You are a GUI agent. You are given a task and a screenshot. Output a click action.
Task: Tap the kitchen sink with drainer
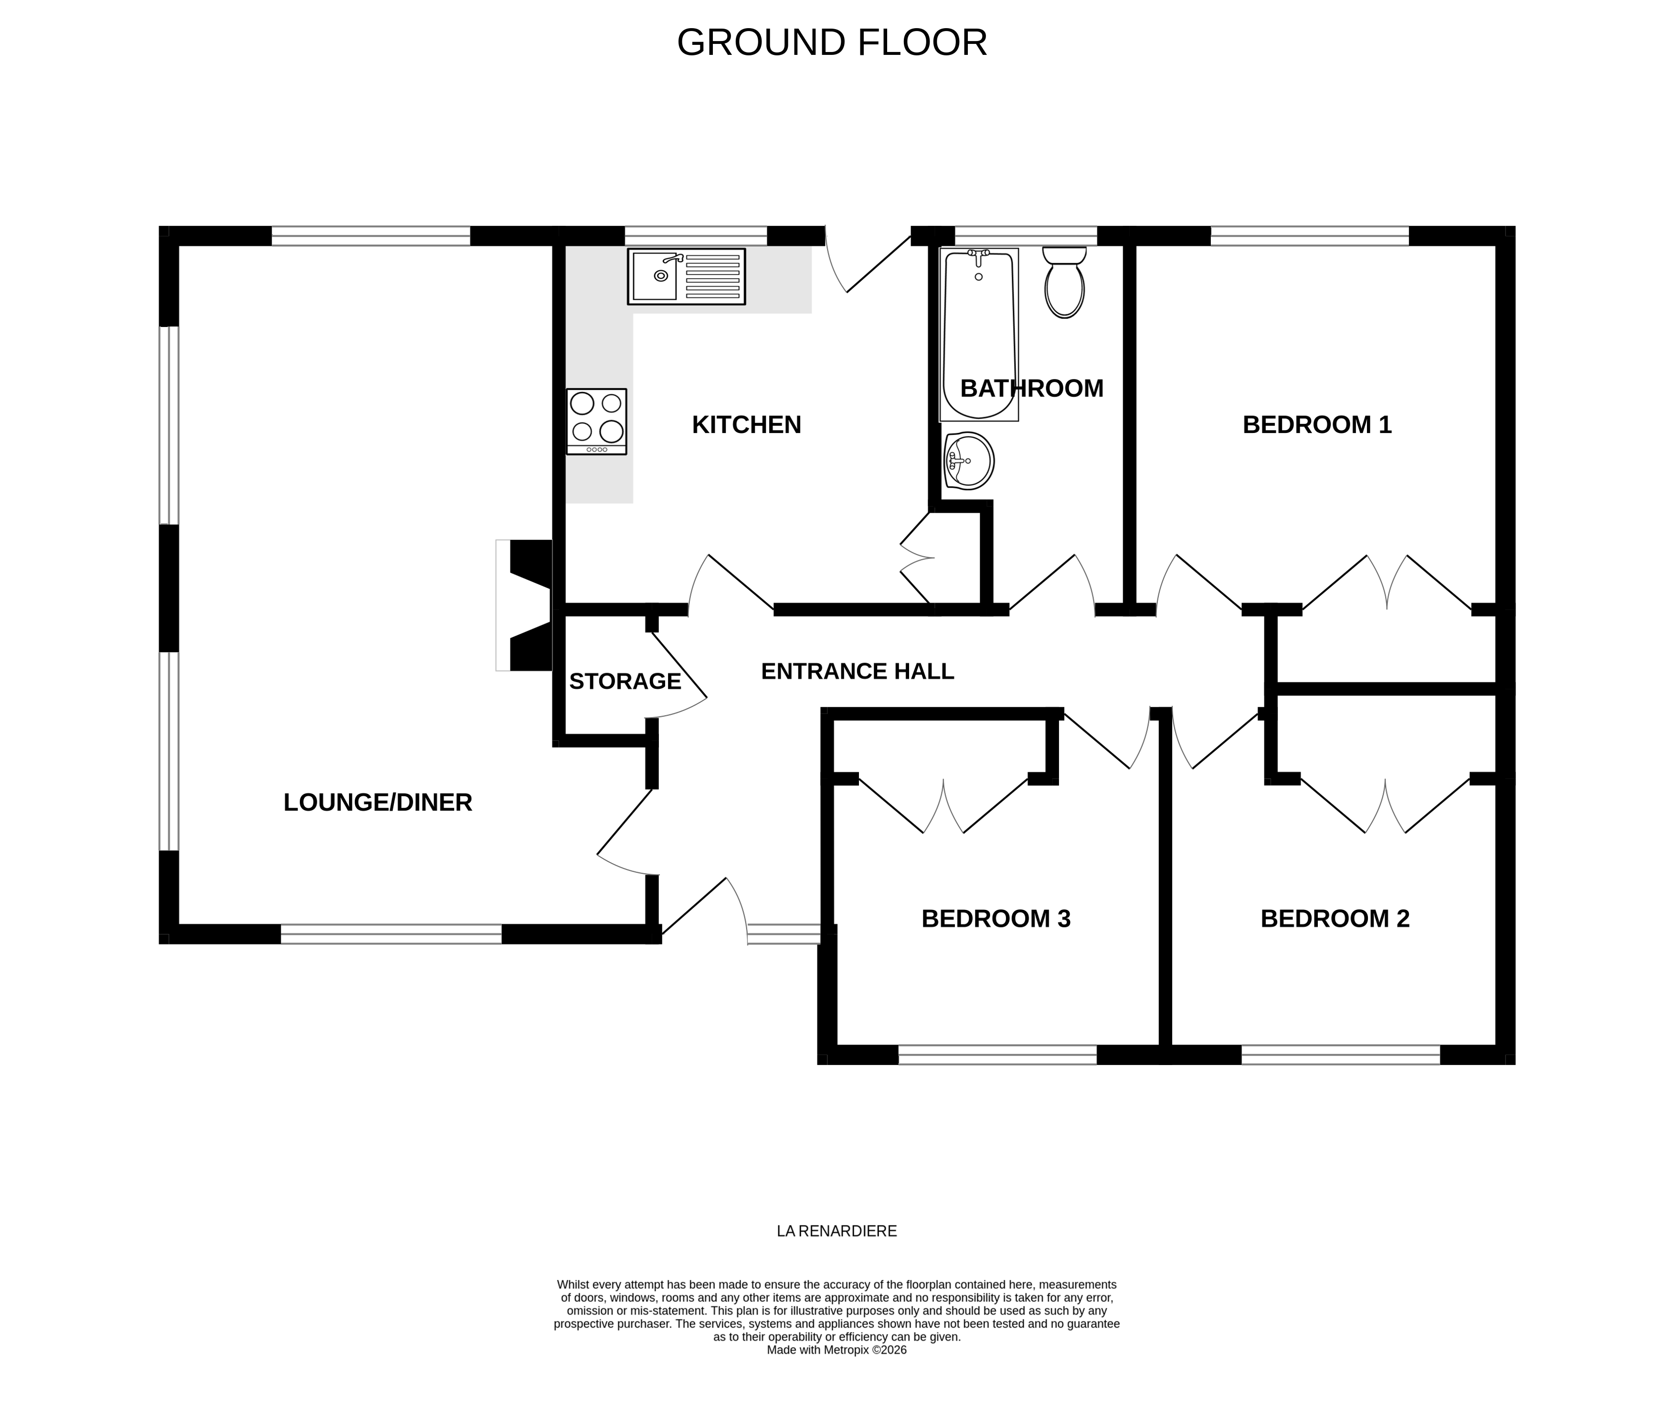[686, 276]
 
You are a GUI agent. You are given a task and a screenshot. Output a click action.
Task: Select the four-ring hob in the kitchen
[596, 421]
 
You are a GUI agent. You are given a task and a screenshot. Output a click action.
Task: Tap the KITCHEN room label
[746, 425]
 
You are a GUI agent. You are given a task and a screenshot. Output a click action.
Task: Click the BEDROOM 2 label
[1334, 918]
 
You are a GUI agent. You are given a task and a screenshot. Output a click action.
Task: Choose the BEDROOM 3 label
[996, 918]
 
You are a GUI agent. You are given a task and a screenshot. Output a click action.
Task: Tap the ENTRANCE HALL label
[857, 671]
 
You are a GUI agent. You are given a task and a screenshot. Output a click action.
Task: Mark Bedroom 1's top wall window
[1309, 236]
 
